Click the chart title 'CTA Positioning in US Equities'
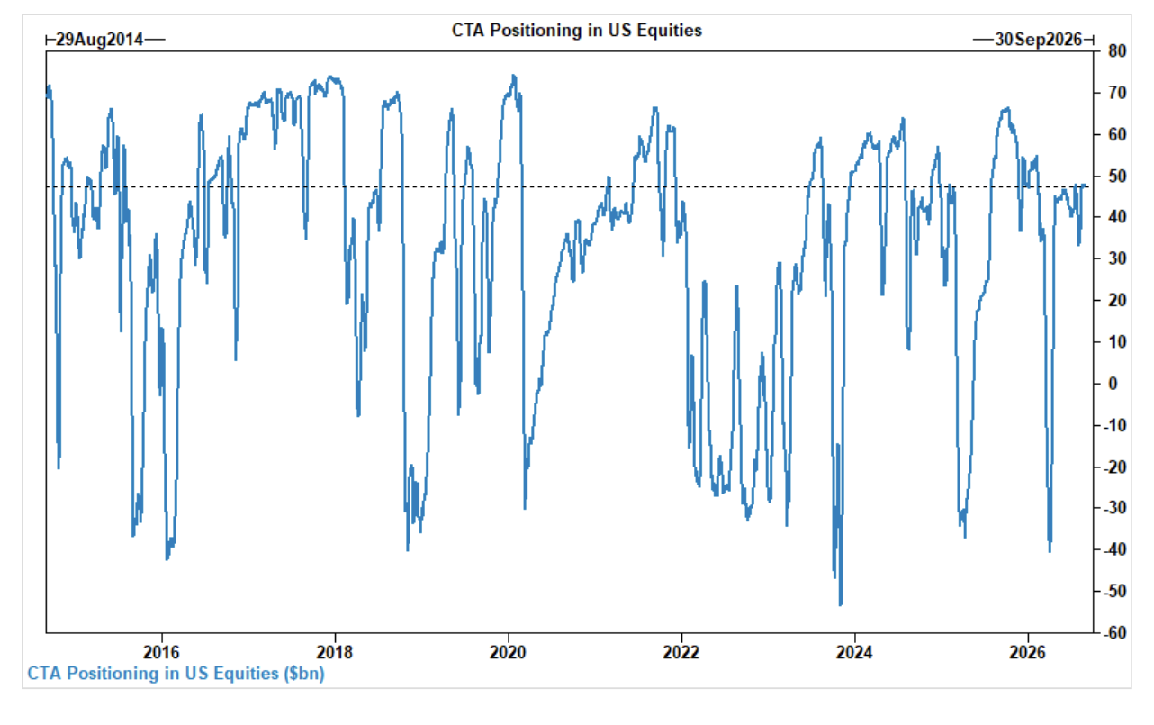click(576, 31)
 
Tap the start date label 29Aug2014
click(99, 40)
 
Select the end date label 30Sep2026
click(1039, 40)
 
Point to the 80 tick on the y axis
click(1117, 51)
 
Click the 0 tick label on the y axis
click(1113, 384)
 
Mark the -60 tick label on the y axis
click(1115, 633)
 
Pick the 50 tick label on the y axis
click(1117, 177)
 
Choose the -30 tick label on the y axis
click(1115, 508)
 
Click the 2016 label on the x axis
click(161, 653)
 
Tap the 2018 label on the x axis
click(335, 653)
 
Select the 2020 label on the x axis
click(508, 653)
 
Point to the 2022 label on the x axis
click(681, 653)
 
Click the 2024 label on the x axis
click(854, 653)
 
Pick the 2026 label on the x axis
click(1028, 653)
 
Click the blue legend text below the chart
click(176, 674)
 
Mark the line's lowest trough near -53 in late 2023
click(841, 605)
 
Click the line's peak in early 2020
click(514, 76)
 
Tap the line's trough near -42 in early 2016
click(167, 559)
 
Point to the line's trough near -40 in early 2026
click(1050, 552)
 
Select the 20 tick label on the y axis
click(1117, 301)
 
